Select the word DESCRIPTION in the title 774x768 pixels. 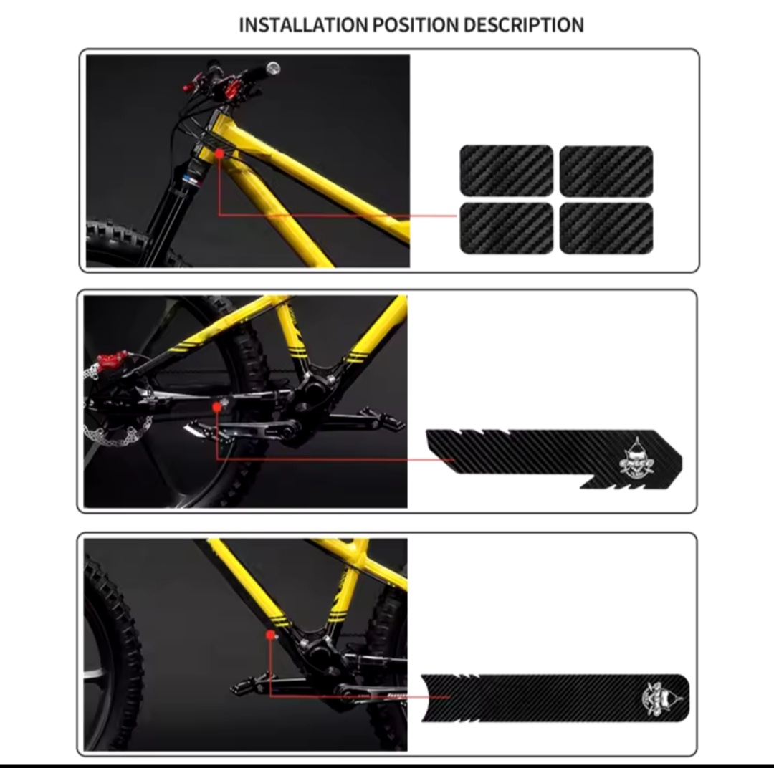(x=523, y=25)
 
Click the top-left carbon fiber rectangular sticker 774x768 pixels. (x=506, y=171)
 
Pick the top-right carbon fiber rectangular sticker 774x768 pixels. (x=606, y=171)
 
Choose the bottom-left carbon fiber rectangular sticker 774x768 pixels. (x=506, y=228)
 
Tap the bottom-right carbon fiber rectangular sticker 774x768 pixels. (x=606, y=228)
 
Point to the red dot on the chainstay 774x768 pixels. (x=217, y=407)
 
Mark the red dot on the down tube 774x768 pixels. (x=269, y=634)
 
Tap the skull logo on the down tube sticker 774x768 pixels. (x=659, y=696)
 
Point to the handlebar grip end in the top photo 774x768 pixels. (x=272, y=69)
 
